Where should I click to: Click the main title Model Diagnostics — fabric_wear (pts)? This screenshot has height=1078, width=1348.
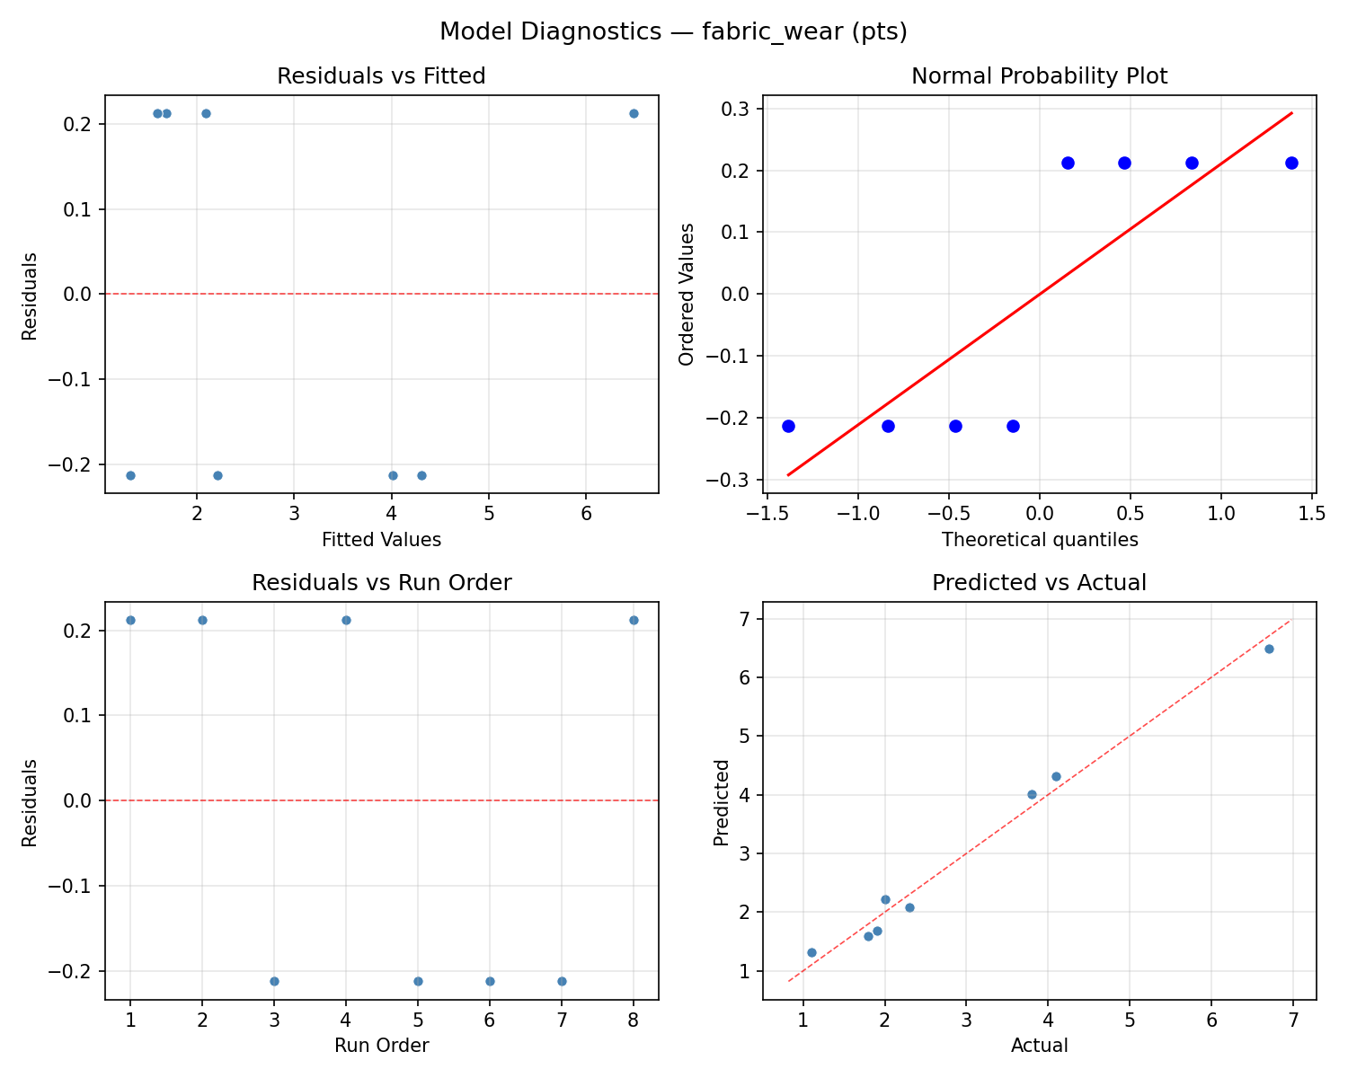click(x=673, y=32)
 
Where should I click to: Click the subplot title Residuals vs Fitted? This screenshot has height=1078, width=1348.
click(x=381, y=76)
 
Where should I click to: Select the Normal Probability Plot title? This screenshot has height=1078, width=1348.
click(x=1039, y=76)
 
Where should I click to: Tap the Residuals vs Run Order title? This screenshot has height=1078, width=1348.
click(x=381, y=583)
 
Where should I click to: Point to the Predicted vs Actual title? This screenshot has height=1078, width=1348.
click(x=1039, y=583)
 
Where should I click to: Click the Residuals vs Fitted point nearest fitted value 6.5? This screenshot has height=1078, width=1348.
click(x=634, y=113)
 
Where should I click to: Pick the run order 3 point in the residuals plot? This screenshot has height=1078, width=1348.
click(x=274, y=981)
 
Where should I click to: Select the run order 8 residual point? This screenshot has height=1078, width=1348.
click(x=634, y=620)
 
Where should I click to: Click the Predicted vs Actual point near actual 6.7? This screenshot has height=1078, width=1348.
click(x=1269, y=649)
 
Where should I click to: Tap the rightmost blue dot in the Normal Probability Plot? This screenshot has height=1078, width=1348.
click(x=1291, y=163)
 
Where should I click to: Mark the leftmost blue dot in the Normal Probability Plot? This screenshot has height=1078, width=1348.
click(x=788, y=426)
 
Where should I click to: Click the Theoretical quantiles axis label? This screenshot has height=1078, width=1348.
click(x=1039, y=540)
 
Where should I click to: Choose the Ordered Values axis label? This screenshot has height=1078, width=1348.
click(x=687, y=295)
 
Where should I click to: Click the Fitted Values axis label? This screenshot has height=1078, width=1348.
click(x=381, y=540)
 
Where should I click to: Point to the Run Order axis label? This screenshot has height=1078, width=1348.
click(x=381, y=1046)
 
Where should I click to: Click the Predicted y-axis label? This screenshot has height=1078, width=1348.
click(x=721, y=802)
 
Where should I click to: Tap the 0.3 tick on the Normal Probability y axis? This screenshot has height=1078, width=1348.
click(x=738, y=109)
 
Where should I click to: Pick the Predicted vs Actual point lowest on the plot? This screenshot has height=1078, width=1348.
click(x=811, y=952)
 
